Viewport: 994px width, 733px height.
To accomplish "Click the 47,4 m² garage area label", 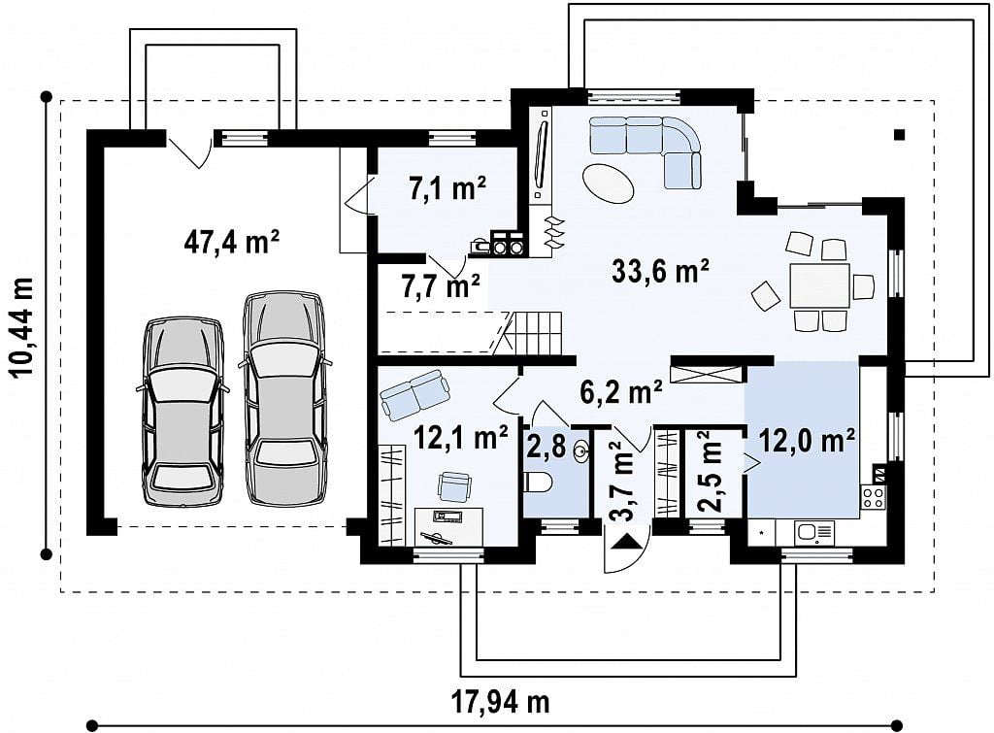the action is click(232, 242).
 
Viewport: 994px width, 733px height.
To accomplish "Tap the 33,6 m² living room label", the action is click(660, 271).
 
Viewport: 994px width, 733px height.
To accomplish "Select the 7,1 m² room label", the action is click(447, 188).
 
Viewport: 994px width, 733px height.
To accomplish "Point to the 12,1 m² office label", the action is click(461, 437).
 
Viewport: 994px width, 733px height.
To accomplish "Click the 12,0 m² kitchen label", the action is click(807, 440).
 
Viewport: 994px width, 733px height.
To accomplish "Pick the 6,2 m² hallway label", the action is click(621, 391).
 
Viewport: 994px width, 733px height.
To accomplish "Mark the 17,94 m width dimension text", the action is click(501, 701).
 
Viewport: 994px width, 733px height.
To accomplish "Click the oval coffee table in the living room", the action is click(607, 183).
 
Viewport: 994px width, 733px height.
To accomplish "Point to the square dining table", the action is click(819, 286).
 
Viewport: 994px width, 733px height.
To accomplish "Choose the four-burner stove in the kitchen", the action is click(873, 496).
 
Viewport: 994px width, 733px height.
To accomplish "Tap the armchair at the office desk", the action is click(454, 485).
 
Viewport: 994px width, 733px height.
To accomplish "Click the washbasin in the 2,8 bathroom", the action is click(581, 451).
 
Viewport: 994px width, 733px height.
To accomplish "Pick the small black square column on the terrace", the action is click(899, 134).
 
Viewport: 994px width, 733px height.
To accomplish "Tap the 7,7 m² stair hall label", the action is click(441, 285).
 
